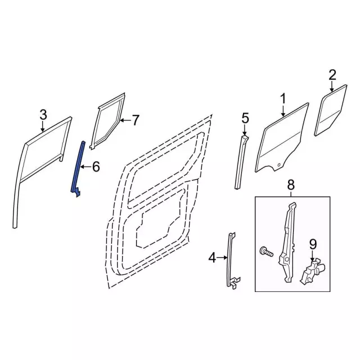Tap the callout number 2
pos(332,74)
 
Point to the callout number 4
pos(212,258)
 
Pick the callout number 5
pos(245,118)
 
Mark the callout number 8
pos(290,184)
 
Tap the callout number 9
pos(313,244)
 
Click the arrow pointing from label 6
pos(86,166)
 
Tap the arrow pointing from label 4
pos(222,258)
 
